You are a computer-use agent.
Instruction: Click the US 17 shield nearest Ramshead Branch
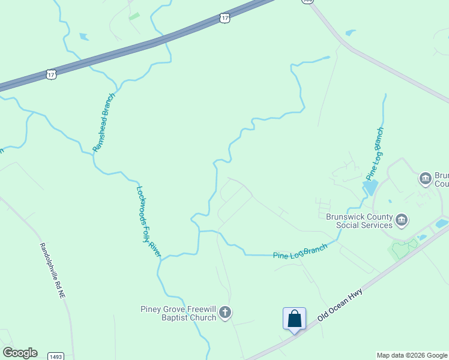coord(51,73)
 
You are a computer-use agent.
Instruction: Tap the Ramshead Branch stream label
coord(103,122)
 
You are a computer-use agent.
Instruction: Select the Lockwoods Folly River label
coord(149,221)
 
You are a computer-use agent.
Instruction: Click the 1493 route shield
coord(56,356)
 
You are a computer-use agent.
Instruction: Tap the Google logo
coord(20,353)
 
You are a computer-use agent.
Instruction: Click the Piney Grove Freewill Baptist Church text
coord(178,313)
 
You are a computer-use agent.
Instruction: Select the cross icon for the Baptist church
coord(225,312)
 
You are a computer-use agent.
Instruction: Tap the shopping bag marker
coord(294,318)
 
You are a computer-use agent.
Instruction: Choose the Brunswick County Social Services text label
coord(360,221)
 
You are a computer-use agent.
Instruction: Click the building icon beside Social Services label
coord(402,221)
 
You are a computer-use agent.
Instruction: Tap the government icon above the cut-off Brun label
coord(426,178)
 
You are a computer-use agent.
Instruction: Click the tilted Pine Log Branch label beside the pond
coord(375,153)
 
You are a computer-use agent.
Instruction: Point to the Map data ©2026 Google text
coord(412,355)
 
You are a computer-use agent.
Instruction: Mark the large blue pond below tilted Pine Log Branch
coord(370,187)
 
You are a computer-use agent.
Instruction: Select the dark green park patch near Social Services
coord(403,248)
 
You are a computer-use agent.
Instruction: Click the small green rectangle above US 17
coord(134,16)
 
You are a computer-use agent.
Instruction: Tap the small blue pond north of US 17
coord(84,37)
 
